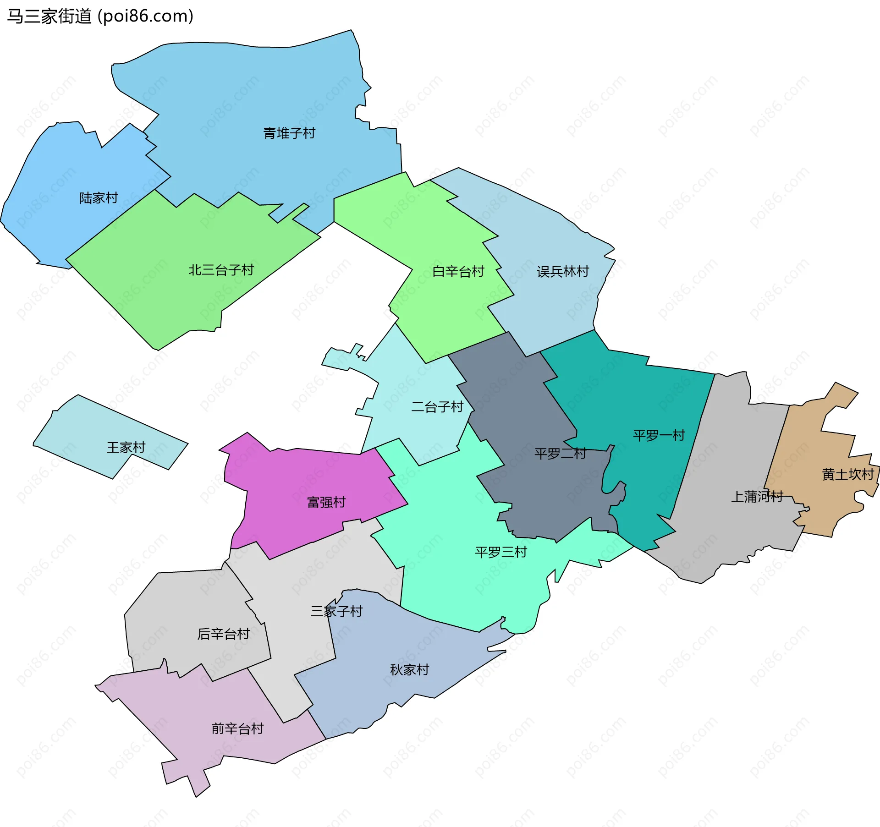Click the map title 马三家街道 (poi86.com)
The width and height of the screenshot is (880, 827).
(100, 16)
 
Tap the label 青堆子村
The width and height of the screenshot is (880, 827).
(289, 133)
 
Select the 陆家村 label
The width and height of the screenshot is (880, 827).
(99, 198)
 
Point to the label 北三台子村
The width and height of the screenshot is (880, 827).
(221, 270)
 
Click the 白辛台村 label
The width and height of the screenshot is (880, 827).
(458, 272)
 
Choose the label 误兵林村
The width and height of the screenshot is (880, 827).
(562, 272)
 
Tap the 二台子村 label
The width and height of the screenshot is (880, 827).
(437, 407)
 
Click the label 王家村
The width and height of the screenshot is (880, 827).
(126, 447)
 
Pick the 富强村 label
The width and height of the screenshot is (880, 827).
(326, 502)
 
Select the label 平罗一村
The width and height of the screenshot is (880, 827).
(659, 435)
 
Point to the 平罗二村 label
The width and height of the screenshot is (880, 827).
(560, 454)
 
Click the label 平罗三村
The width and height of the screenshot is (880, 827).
(501, 552)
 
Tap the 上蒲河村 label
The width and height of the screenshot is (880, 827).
(757, 496)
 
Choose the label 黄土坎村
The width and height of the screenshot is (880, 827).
(847, 474)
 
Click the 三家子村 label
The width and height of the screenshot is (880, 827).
(336, 611)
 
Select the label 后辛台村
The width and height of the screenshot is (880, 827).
(223, 634)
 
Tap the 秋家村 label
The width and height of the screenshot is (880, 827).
(409, 670)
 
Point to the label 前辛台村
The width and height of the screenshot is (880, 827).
(237, 728)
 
